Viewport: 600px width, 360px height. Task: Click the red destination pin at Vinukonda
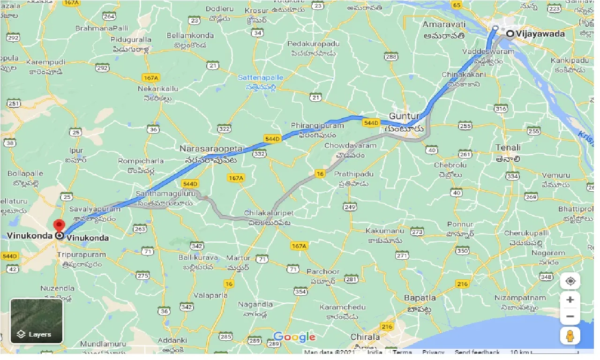59,225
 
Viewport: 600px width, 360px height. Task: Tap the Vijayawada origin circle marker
510,33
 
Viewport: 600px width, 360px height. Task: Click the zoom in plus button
570,300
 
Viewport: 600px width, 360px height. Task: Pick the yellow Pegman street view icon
570,336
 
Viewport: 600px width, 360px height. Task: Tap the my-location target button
570,281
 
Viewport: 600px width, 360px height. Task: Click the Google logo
294,337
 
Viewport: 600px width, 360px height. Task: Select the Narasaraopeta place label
211,149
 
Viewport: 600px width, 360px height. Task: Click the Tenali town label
508,148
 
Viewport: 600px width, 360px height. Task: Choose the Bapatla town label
420,298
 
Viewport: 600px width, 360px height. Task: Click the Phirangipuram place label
317,126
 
